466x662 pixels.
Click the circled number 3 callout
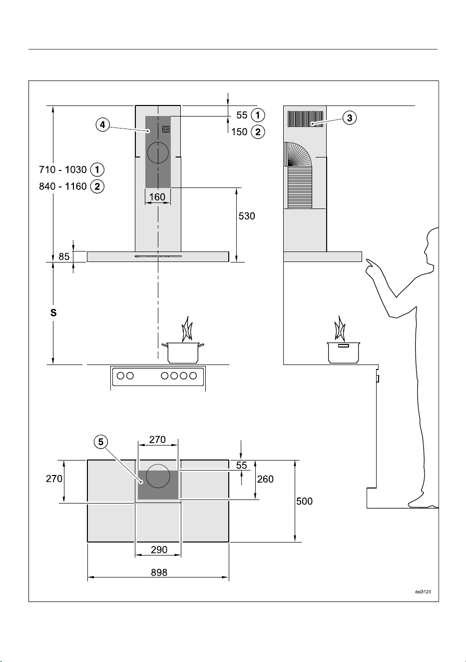tap(350, 118)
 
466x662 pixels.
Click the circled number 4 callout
tap(102, 124)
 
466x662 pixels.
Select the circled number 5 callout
tap(101, 442)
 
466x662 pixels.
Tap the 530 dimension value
tap(247, 216)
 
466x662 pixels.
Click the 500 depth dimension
tap(305, 501)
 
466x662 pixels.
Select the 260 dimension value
tap(265, 479)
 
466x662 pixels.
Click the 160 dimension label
tap(157, 197)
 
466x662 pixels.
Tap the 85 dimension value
tap(64, 256)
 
